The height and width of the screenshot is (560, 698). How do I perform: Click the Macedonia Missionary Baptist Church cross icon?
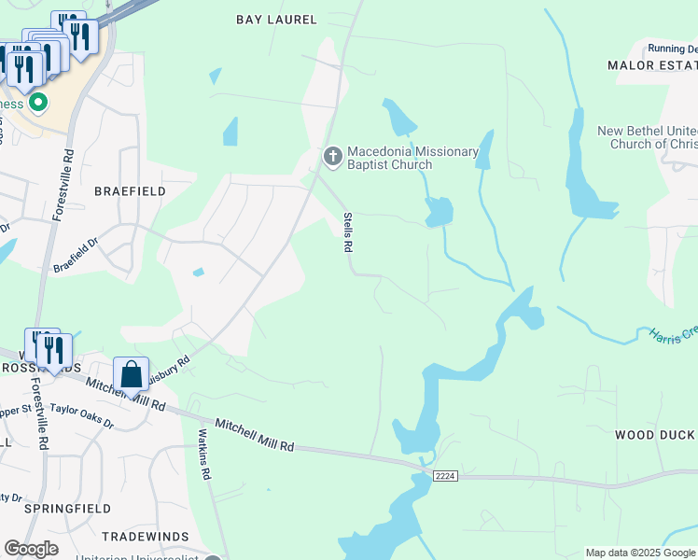coord(332,158)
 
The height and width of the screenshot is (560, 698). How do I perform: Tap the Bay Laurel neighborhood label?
coord(276,20)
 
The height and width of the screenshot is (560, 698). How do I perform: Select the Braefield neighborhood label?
coord(130,191)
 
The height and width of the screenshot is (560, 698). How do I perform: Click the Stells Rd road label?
coord(347,232)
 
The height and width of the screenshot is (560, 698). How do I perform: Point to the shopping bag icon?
coord(132,376)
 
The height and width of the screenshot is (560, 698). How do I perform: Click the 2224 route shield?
coord(444,476)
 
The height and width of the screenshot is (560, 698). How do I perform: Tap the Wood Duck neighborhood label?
coord(654,435)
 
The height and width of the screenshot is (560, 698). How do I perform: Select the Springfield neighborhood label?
coord(62,509)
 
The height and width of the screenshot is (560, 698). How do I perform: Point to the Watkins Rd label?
coord(202,454)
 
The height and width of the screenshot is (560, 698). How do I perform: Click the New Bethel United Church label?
coord(646,138)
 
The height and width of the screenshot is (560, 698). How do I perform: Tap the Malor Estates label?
coord(652,65)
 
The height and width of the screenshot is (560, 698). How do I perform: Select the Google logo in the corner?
coord(31,549)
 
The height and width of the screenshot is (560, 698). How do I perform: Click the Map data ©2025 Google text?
coord(640,553)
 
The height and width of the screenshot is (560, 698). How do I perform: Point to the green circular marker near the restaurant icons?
coord(37,102)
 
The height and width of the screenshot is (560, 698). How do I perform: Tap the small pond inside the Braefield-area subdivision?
coord(198,273)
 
